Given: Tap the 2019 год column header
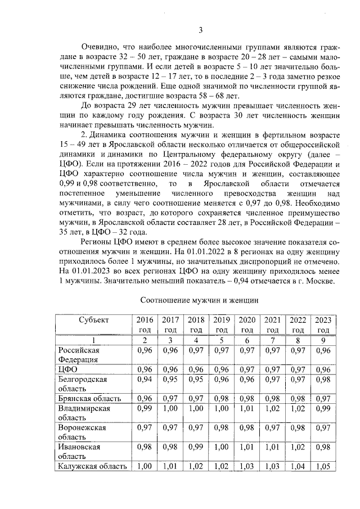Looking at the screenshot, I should click(222, 325).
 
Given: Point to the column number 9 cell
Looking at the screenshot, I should click(323, 340).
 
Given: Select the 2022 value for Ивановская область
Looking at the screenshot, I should click(298, 447).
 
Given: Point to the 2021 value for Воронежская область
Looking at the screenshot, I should click(273, 428).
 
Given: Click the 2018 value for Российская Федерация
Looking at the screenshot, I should click(196, 350).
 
